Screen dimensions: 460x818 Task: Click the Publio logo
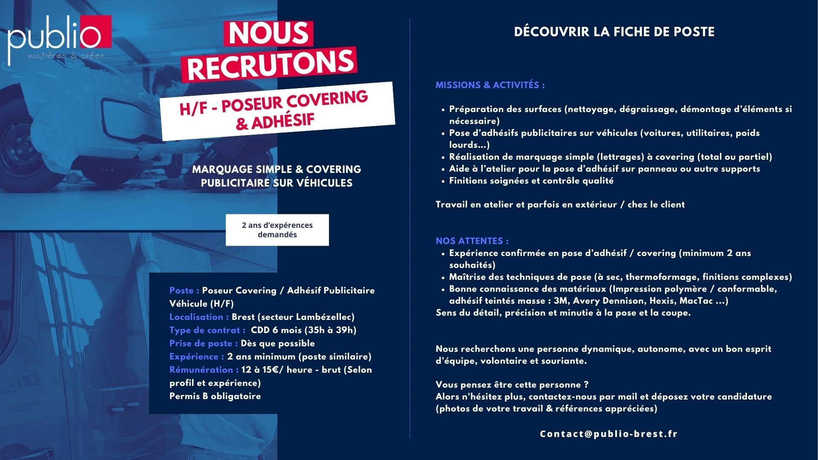(x=60, y=38)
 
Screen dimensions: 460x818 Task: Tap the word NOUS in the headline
(x=268, y=33)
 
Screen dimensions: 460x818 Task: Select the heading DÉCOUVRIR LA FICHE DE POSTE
(x=614, y=32)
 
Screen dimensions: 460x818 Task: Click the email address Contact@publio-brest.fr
(x=608, y=434)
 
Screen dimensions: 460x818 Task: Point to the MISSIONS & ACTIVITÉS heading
(x=490, y=85)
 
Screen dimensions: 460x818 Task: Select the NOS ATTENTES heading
(x=472, y=241)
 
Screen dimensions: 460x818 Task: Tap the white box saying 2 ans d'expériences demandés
(x=277, y=230)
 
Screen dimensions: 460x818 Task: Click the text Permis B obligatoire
(x=215, y=396)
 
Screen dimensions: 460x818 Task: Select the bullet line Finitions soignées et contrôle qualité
(x=531, y=181)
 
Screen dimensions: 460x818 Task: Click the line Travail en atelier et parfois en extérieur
(x=560, y=204)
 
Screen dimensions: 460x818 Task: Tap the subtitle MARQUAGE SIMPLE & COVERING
(x=277, y=169)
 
